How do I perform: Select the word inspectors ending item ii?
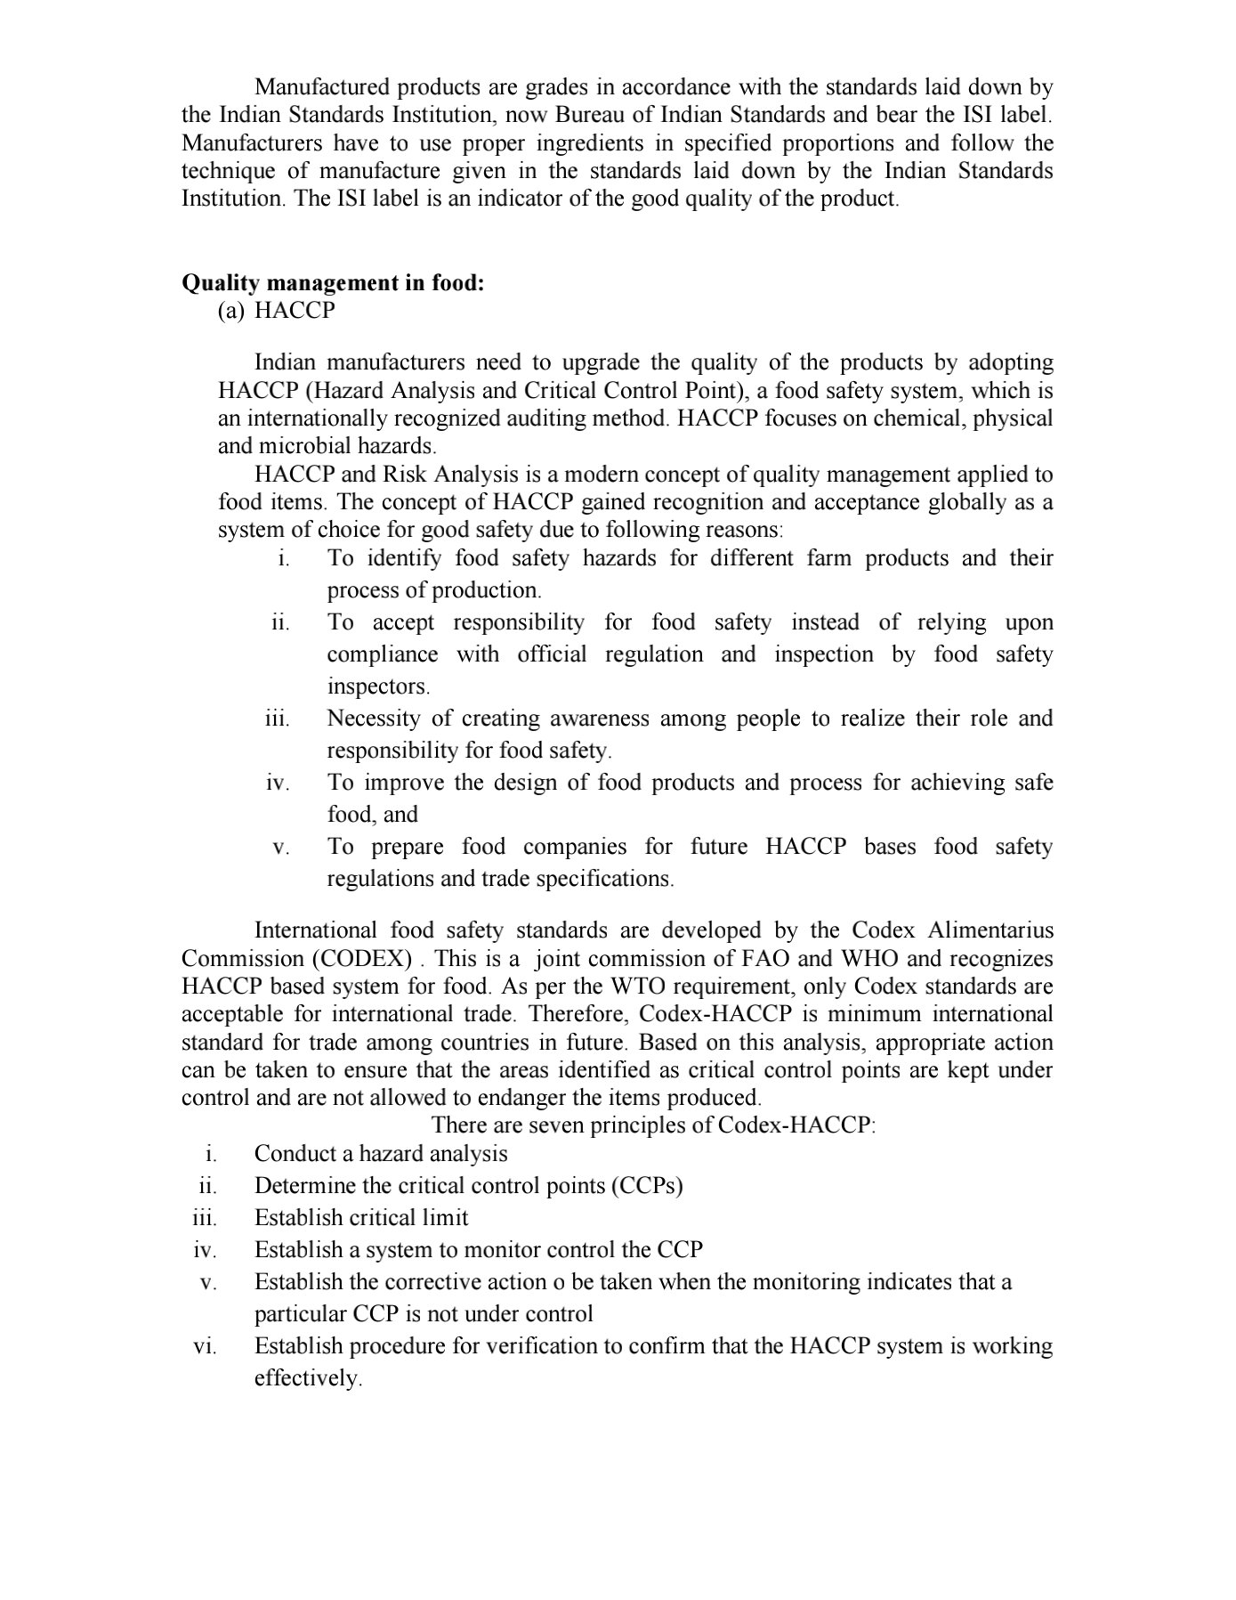click(378, 686)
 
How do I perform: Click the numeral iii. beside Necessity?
click(278, 719)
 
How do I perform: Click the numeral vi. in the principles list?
click(205, 1346)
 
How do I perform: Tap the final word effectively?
click(308, 1378)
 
